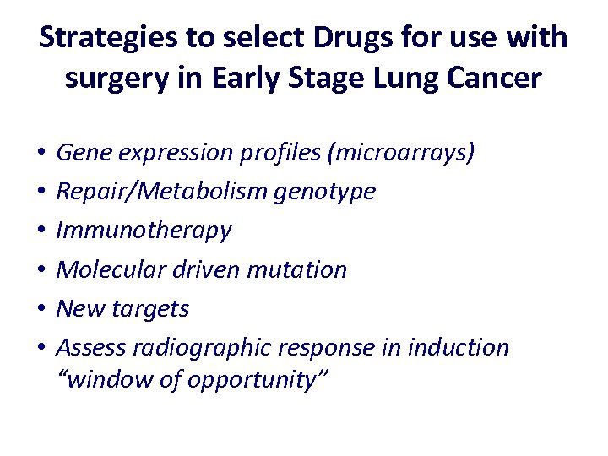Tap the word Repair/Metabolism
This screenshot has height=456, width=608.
(x=162, y=192)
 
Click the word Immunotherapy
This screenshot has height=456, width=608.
(x=143, y=231)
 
